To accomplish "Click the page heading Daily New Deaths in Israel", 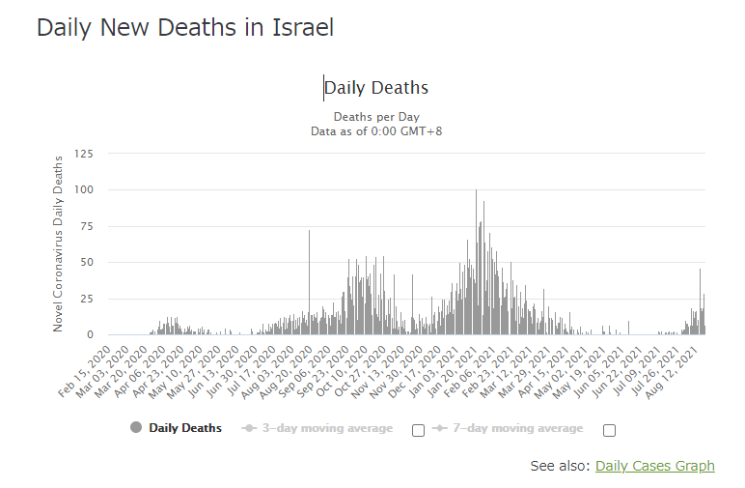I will tap(185, 28).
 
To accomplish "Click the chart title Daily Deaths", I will tap(376, 88).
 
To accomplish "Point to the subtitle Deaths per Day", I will tap(375, 116).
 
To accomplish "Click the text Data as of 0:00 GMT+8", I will tap(375, 130).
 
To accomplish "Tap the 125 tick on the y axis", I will tap(84, 154).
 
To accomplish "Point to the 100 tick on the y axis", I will tap(84, 189).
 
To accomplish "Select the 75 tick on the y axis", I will tap(87, 226).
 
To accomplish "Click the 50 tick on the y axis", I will tap(87, 262).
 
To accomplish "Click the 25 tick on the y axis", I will tap(87, 299).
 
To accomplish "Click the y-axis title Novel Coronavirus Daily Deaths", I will tap(58, 242).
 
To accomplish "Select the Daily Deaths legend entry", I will tap(184, 428).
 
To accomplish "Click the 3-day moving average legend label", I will tap(327, 428).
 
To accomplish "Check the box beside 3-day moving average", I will tap(418, 430).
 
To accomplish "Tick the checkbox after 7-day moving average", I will tap(609, 430).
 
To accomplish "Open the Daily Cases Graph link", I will tap(654, 466).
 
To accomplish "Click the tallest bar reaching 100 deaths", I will tap(476, 261).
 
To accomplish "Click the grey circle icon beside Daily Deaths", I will tap(135, 428).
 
